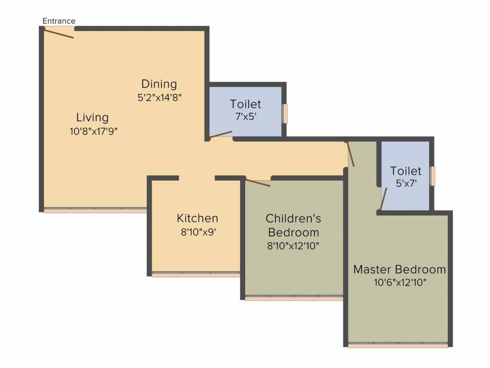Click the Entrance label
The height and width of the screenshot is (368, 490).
59,21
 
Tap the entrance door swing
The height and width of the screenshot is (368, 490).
59,33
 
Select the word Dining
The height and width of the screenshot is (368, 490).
159,84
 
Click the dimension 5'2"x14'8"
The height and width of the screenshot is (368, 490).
159,98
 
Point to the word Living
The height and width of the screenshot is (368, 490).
92,118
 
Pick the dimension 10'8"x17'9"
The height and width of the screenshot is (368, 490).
93,131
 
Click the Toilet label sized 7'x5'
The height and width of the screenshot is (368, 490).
245,104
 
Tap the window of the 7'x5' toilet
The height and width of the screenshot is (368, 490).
285,114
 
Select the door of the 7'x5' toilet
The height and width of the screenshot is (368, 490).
221,134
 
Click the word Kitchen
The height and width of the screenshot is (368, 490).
198,218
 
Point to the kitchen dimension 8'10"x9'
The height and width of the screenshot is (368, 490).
199,232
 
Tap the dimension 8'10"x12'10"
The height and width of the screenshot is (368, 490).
293,246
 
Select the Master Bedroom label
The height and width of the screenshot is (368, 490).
400,269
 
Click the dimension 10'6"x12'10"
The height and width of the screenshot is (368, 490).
400,283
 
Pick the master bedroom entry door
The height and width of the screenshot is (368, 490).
350,154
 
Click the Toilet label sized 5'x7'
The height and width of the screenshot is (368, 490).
406,171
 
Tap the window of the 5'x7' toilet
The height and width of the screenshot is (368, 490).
433,176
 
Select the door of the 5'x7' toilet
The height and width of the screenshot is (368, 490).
383,199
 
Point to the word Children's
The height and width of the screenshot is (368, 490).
293,218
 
